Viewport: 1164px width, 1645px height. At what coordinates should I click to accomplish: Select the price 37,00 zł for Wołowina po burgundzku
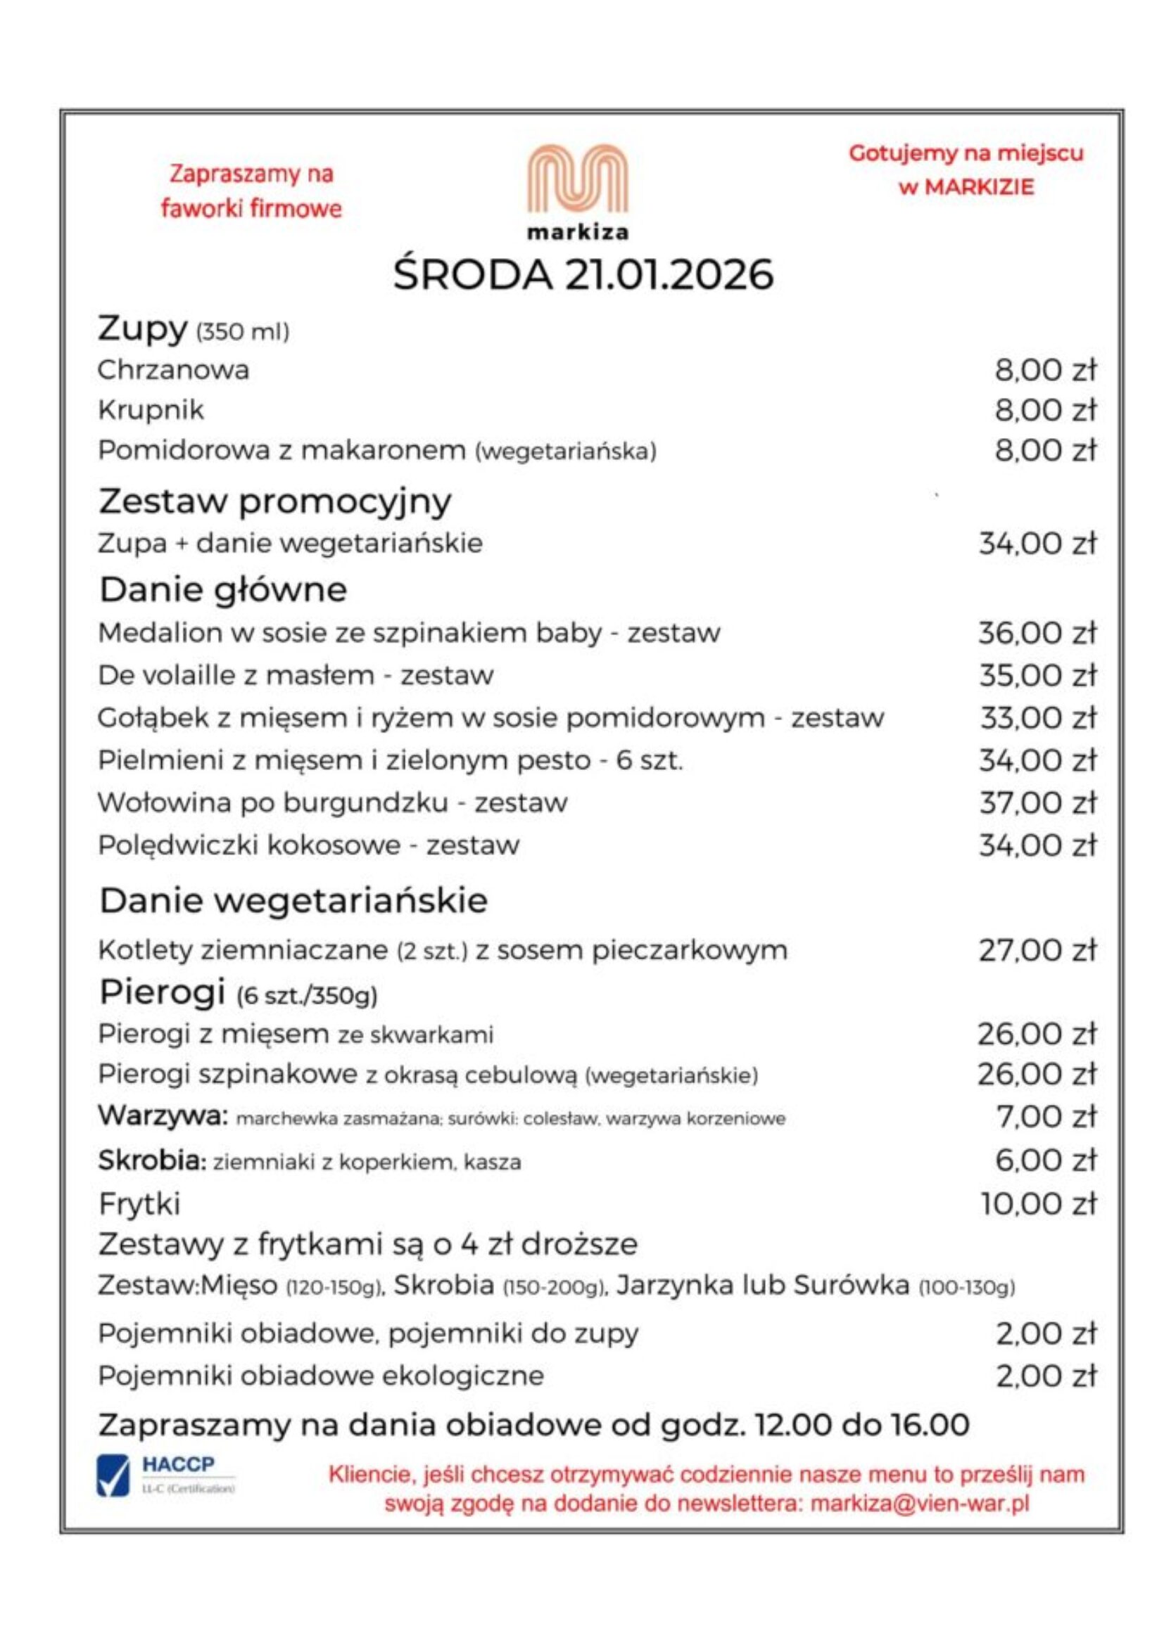click(1038, 802)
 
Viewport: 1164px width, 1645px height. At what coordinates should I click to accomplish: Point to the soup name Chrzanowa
click(173, 371)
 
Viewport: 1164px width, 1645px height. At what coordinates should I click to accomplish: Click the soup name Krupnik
click(151, 411)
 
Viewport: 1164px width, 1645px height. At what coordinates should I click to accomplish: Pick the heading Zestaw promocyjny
click(274, 501)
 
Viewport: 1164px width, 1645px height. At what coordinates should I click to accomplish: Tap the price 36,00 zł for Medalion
click(1038, 634)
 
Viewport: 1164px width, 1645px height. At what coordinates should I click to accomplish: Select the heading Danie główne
click(223, 589)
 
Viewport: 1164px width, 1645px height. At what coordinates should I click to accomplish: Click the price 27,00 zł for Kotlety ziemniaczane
click(1038, 951)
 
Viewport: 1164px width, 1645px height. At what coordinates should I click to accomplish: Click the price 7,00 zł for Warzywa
click(1046, 1117)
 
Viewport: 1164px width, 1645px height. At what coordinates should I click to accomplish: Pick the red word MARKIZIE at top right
click(979, 188)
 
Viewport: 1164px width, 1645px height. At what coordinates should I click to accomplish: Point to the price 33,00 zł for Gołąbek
click(1038, 718)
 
